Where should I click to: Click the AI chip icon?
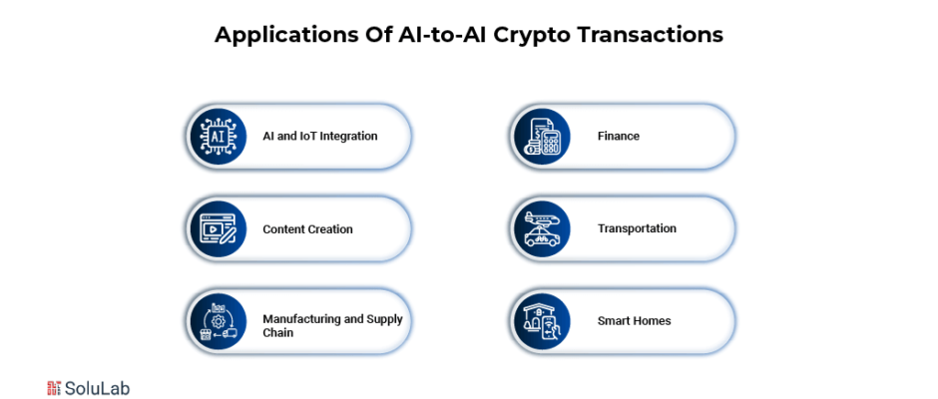[x=217, y=137]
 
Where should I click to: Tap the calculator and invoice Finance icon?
[x=541, y=137]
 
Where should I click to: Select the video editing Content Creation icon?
[x=217, y=229]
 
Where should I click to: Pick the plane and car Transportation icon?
[x=541, y=229]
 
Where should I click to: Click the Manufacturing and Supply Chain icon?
[x=217, y=322]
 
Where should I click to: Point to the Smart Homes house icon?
[x=541, y=322]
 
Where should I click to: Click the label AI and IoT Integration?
[x=320, y=137]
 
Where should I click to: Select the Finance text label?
[x=619, y=137]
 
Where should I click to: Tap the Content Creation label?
[x=307, y=229]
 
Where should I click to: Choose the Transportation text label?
[x=637, y=229]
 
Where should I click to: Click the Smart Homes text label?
[x=634, y=321]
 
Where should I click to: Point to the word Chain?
[x=278, y=332]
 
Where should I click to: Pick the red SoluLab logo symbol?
[x=54, y=388]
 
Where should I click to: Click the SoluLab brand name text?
[x=97, y=388]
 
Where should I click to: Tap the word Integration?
[x=349, y=137]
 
